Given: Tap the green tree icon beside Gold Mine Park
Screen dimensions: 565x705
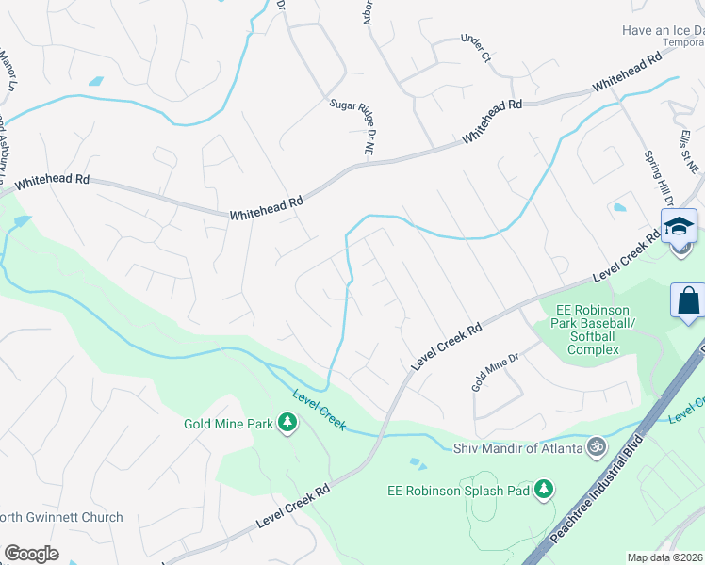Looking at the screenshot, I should (287, 424).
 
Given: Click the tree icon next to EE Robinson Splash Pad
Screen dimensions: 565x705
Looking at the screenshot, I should (543, 489).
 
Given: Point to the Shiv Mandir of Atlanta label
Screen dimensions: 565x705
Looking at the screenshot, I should (518, 447).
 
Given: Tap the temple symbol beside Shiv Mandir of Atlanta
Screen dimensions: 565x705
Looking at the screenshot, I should (596, 447).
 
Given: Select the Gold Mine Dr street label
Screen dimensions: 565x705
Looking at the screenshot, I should (496, 373).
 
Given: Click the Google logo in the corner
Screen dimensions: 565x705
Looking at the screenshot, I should (31, 554).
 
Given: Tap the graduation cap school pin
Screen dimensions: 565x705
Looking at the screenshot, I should (679, 227).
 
